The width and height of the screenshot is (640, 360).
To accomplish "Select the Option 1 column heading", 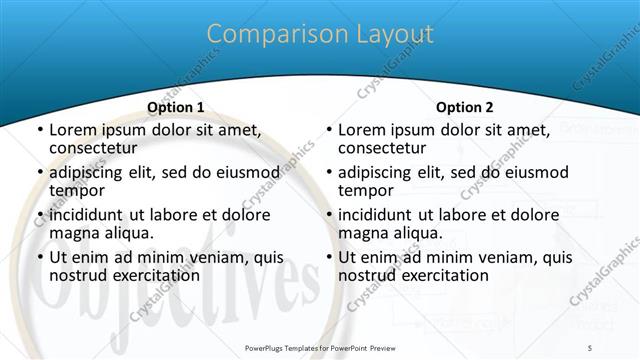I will (175, 107).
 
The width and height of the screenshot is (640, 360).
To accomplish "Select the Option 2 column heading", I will (464, 107).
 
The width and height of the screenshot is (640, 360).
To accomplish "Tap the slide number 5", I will (592, 347).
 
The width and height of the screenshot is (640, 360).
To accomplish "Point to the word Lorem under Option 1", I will (74, 130).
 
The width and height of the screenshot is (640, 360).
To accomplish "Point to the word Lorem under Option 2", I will (363, 130).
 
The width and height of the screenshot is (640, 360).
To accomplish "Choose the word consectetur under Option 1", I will (98, 149).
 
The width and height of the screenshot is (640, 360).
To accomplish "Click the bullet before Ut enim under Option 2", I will (328, 258).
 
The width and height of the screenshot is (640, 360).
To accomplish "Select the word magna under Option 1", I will (74, 234).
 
